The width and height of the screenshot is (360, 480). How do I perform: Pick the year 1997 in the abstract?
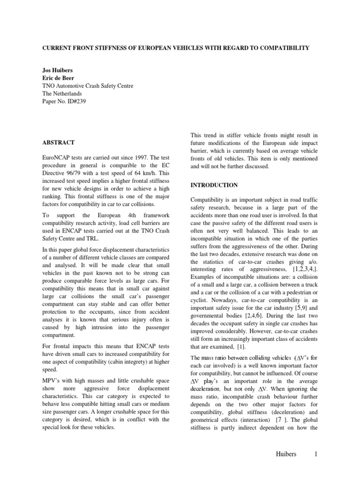[x=142, y=157]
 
